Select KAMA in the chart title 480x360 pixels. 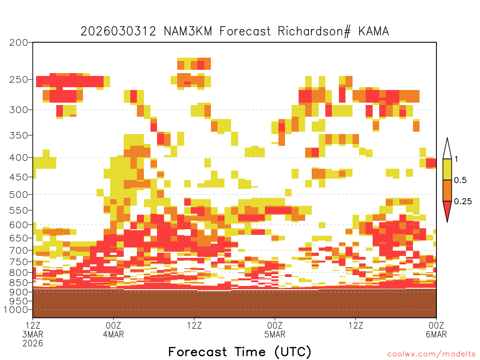click(374, 31)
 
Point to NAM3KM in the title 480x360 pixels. click(188, 31)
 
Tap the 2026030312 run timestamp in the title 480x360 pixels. click(119, 31)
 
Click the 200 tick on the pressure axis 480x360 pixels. click(19, 43)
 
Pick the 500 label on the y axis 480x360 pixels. click(19, 195)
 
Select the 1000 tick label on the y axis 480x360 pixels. click(16, 310)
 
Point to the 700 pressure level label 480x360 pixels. click(19, 250)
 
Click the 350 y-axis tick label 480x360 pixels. click(19, 135)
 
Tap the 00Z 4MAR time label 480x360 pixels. click(113, 330)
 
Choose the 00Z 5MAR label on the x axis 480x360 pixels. click(275, 330)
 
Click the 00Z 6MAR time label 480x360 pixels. click(436, 330)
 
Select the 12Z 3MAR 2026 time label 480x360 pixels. click(33, 334)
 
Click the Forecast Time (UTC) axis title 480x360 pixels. click(240, 352)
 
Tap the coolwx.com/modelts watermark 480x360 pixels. click(431, 354)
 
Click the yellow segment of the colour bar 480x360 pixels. click(447, 169)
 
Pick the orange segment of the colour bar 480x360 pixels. click(447, 190)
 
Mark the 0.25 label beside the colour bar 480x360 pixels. click(463, 202)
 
